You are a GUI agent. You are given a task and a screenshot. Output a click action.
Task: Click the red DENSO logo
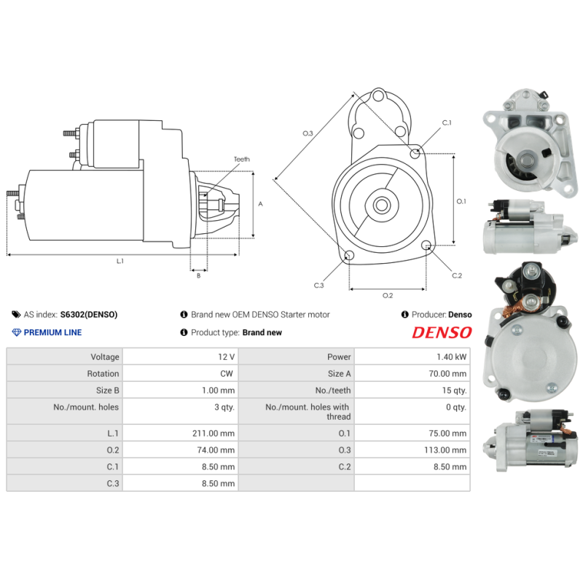pyautogui.click(x=442, y=332)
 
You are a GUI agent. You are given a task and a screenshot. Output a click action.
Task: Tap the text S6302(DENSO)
pyautogui.click(x=88, y=315)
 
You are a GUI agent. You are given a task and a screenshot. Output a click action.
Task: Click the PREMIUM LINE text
pyautogui.click(x=52, y=332)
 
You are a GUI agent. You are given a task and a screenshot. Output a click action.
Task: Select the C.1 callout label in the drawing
pyautogui.click(x=446, y=123)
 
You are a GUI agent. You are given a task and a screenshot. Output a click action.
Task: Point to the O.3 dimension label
pyautogui.click(x=308, y=133)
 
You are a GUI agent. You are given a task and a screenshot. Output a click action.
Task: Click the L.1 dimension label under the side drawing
pyautogui.click(x=120, y=261)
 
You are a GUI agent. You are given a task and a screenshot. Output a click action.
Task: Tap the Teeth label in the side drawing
pyautogui.click(x=241, y=159)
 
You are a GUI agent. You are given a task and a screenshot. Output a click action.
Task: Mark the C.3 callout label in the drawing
pyautogui.click(x=318, y=285)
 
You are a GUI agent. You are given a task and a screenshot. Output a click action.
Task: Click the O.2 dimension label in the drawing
pyautogui.click(x=388, y=295)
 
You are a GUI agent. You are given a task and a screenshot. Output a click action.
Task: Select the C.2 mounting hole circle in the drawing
pyautogui.click(x=429, y=248)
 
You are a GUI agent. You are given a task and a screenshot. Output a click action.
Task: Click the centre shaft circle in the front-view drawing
pyautogui.click(x=381, y=205)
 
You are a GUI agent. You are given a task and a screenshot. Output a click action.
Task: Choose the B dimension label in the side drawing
pyautogui.click(x=197, y=275)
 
